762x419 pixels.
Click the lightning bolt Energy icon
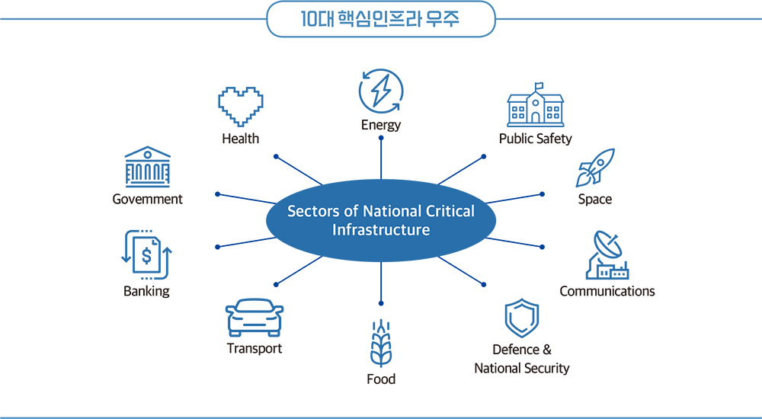tap(380, 91)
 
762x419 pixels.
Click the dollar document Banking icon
tap(147, 255)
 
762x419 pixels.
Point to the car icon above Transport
tap(255, 318)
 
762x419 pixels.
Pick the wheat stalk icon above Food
tap(380, 344)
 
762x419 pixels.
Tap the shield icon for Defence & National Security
tap(522, 318)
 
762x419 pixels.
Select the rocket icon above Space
tap(595, 168)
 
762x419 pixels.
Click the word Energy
tap(381, 125)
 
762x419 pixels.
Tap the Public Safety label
tap(535, 139)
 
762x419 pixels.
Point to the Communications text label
tap(607, 291)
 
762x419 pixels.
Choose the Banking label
tap(146, 291)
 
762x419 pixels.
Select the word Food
tap(381, 379)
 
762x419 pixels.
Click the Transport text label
tap(255, 348)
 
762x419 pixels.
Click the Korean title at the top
tap(381, 20)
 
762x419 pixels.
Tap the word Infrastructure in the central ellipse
tap(381, 229)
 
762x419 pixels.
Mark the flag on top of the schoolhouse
tap(539, 85)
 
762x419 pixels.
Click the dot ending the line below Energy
tap(381, 137)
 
